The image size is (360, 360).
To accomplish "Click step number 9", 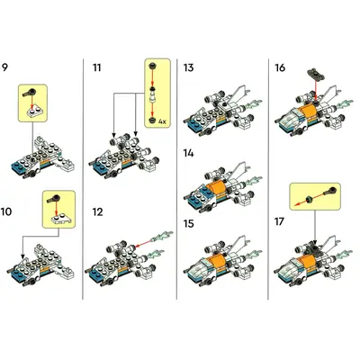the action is pos(4,67).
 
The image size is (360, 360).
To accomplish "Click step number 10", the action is pos(6,211).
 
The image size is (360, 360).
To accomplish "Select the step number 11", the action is pos(97,67).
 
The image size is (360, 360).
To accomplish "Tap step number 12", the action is pos(98,212).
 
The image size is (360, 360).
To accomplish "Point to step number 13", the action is pos(189,67).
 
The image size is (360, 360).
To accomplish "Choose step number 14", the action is pos(189,153).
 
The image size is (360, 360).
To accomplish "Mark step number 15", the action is pos(189,224).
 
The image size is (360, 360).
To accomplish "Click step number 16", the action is pos(280,67).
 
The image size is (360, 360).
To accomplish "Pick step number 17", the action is pos(279,222).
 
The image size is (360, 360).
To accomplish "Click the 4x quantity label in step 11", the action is pos(162,121).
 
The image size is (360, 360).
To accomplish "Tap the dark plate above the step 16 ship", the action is pos(316,75).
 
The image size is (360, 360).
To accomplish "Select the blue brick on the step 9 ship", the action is pos(19,166).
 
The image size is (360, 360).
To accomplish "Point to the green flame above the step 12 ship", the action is pos(162,236).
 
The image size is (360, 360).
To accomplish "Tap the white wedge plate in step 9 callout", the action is pos(35,111).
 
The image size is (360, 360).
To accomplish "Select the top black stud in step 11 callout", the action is pos(153,65).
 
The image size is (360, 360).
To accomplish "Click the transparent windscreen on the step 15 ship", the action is pos(198,265).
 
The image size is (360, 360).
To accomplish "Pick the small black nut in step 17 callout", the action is pos(310,198).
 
